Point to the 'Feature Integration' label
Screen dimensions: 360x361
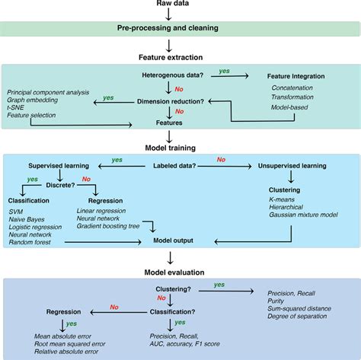(x=295, y=76)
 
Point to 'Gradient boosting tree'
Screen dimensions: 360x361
(x=111, y=228)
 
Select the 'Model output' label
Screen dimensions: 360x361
(x=174, y=241)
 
